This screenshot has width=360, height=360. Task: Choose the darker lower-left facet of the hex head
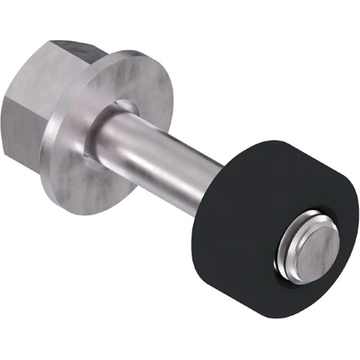(x=22, y=133)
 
